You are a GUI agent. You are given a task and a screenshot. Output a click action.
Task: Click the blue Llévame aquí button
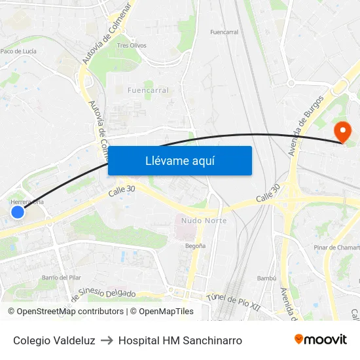[179, 160]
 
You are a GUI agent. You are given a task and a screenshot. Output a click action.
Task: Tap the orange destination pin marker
[342, 132]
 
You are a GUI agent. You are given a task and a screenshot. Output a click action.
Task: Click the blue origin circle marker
[18, 212]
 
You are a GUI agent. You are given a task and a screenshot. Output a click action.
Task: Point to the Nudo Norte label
[204, 221]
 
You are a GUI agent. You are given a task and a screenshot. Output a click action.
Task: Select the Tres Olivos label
[132, 45]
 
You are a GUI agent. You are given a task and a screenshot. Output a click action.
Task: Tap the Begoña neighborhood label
[196, 245]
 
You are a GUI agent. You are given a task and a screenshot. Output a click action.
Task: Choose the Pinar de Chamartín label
[336, 247]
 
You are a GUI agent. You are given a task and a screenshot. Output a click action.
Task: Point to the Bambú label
[267, 278]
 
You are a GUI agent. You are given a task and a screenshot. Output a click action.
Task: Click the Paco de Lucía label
[18, 50]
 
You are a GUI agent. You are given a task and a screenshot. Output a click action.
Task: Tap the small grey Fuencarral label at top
[224, 31]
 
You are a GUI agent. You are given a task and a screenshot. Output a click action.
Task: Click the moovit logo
[320, 340]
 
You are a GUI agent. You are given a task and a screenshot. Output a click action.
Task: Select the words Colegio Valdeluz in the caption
[54, 340]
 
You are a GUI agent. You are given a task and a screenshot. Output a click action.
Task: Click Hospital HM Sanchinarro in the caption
[180, 340]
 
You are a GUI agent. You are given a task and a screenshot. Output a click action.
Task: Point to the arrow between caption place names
[107, 340]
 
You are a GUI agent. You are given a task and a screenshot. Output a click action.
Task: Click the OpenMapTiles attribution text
[162, 312]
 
